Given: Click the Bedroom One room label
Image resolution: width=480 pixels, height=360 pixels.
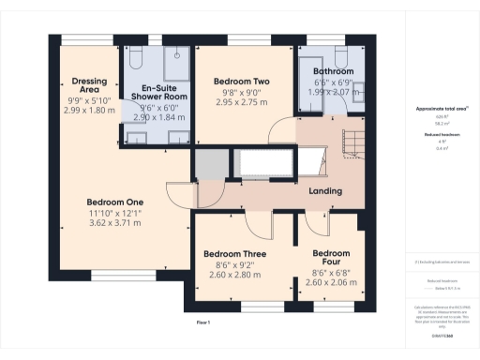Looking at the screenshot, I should (114, 202).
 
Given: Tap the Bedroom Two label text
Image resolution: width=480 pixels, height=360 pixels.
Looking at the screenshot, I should (241, 82).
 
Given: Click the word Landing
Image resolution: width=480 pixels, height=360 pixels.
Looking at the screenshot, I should (324, 192).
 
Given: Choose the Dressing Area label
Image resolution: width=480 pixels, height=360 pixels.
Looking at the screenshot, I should (89, 84).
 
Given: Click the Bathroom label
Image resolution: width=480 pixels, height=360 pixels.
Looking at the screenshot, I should (333, 72).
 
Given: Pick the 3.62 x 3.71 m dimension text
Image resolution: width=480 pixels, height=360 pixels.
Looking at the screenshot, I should (114, 223).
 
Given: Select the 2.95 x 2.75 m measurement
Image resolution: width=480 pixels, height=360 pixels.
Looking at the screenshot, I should (241, 103).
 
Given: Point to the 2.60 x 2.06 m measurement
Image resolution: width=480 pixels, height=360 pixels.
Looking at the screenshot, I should (331, 282).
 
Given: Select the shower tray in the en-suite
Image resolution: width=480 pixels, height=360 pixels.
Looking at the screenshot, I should (174, 62).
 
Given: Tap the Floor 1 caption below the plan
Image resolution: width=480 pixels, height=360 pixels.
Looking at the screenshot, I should (202, 322).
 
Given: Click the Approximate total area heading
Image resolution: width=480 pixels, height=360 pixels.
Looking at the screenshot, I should (442, 109).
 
